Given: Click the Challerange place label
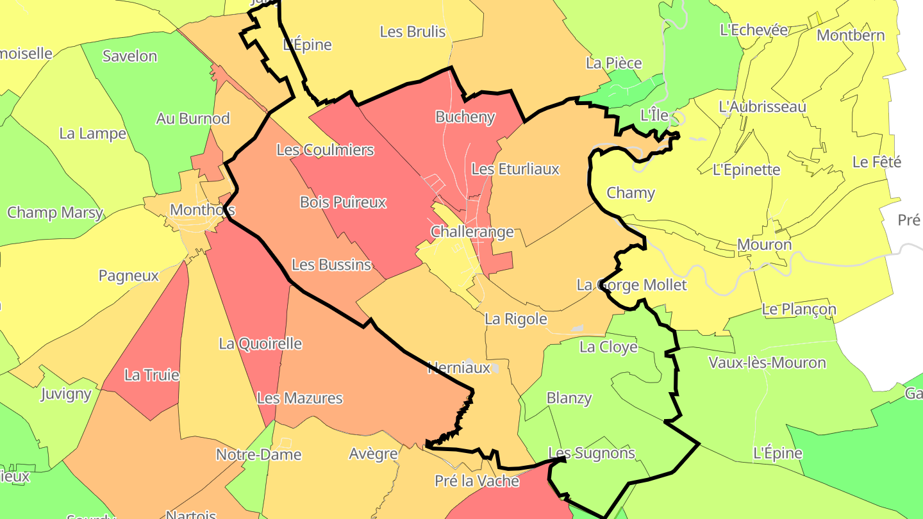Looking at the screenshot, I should click(472, 231).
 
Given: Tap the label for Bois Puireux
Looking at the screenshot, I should click(343, 202).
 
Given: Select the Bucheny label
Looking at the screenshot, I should click(465, 117).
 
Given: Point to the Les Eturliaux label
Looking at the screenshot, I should click(515, 169).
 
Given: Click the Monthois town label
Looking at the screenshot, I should click(202, 210).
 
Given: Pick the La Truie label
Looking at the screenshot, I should click(152, 375).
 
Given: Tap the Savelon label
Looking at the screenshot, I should click(129, 56).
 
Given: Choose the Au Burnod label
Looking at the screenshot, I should click(193, 119).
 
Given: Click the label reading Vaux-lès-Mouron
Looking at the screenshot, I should click(767, 363).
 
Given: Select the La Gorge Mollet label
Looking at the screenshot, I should click(631, 285).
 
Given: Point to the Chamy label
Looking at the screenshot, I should click(631, 193).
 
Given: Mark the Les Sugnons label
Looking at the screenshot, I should click(592, 454).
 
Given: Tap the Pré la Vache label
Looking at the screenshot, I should click(477, 481).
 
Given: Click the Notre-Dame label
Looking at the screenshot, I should click(258, 455).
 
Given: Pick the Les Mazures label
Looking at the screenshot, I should click(299, 398).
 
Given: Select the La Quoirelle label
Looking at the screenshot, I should click(260, 343).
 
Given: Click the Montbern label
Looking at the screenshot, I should click(851, 35).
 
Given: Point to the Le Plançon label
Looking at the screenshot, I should click(799, 309).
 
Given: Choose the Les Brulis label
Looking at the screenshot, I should click(413, 31).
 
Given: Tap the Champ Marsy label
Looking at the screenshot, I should click(55, 213).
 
